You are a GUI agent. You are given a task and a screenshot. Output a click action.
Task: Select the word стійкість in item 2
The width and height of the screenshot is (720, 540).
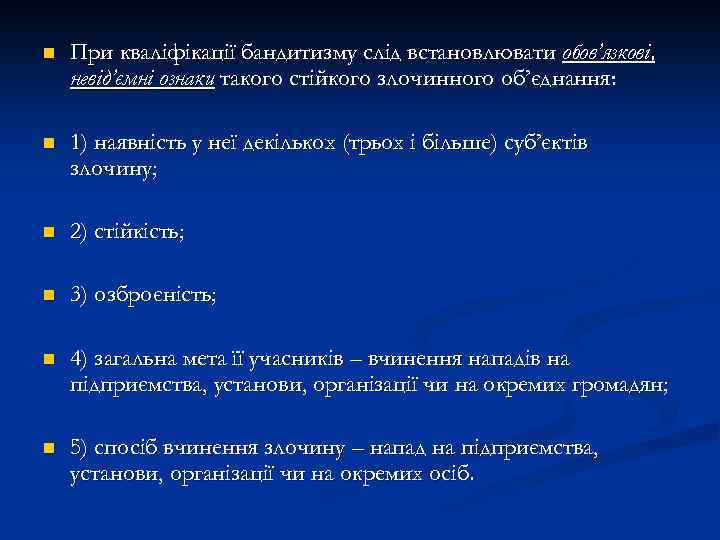tap(139, 233)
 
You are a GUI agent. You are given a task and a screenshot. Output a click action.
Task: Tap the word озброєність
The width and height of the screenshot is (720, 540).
tap(155, 296)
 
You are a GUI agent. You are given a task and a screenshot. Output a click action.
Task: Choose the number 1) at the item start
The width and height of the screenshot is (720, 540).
tap(81, 144)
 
